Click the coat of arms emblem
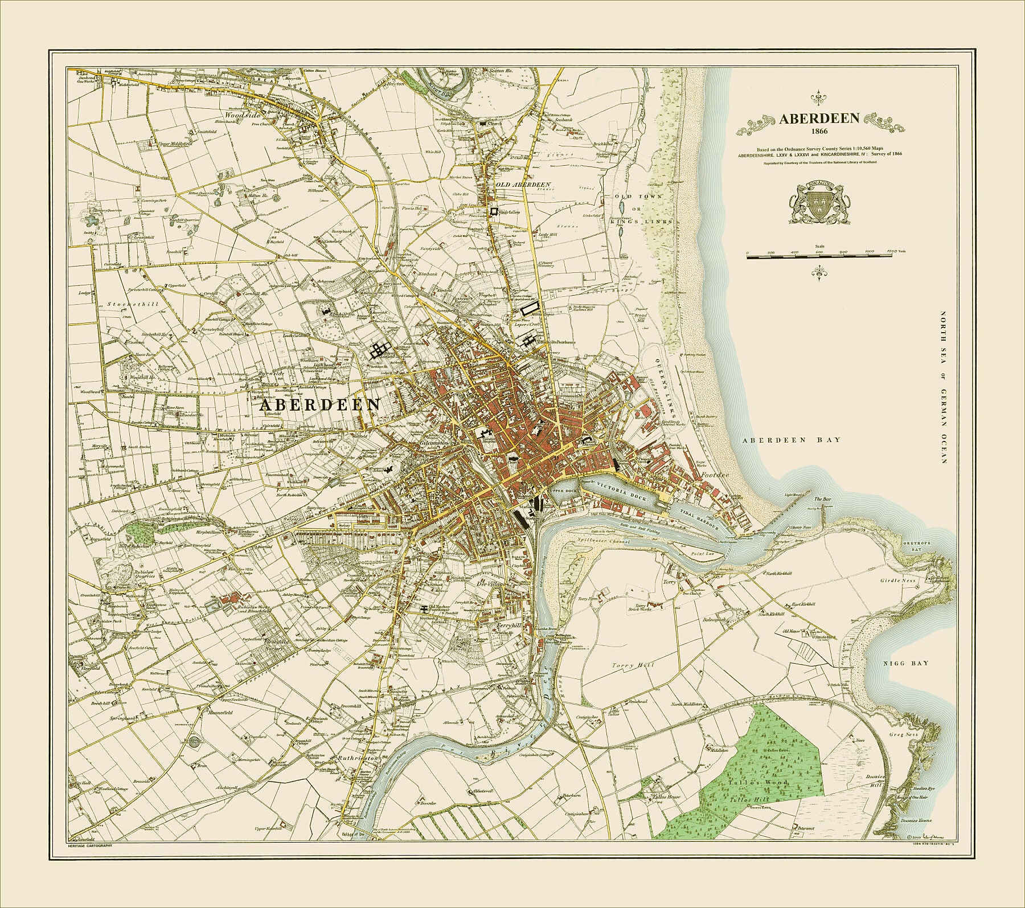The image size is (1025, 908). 819,211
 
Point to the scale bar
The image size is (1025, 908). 819,257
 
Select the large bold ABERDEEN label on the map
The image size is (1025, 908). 320,404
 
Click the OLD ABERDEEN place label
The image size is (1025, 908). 523,185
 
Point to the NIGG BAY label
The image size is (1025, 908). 905,663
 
